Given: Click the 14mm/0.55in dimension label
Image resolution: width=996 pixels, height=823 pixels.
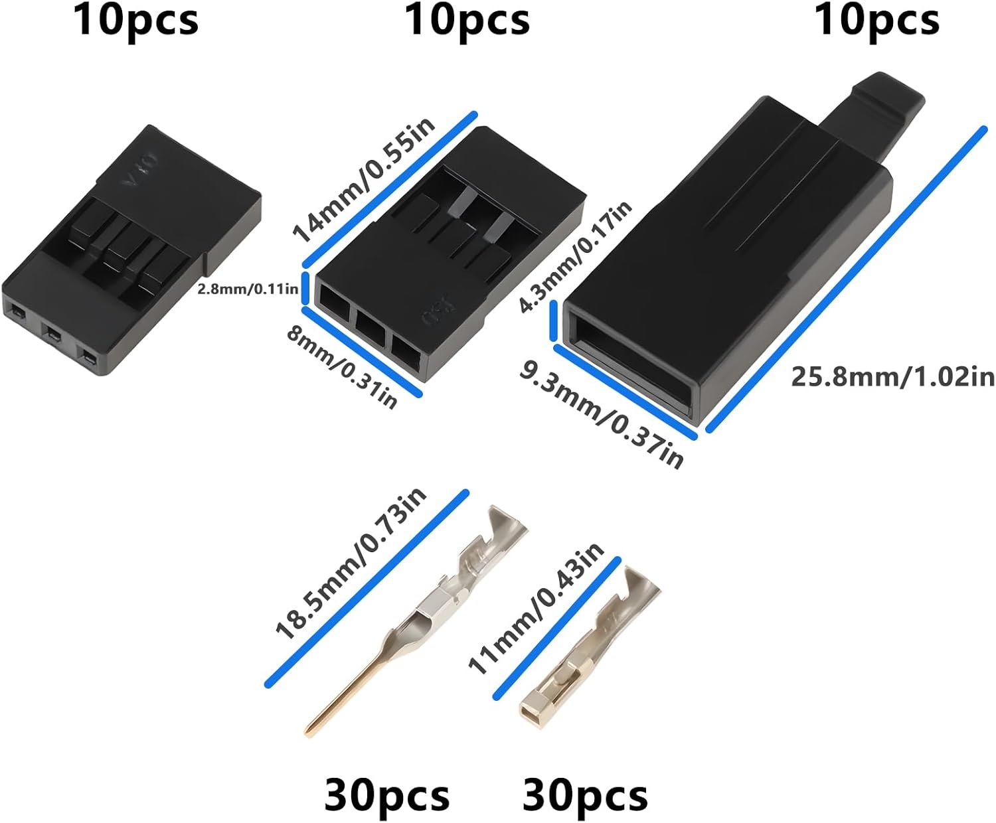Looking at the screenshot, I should pyautogui.click(x=364, y=181).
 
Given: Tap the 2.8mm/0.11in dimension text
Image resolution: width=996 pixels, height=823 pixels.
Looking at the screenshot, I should pyautogui.click(x=247, y=289).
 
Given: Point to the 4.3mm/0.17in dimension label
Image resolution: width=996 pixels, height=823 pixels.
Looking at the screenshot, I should pyautogui.click(x=575, y=256).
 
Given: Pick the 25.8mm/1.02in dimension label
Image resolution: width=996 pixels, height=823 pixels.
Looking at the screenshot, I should pyautogui.click(x=892, y=377).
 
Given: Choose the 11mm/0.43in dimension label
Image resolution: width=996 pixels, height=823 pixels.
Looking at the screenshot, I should pyautogui.click(x=536, y=607).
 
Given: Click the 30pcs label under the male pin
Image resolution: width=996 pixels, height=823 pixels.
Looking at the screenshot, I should pyautogui.click(x=386, y=795).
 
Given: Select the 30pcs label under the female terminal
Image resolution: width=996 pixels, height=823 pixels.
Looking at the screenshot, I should pyautogui.click(x=585, y=795).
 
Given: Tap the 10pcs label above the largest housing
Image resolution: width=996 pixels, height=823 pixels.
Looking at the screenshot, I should pyautogui.click(x=876, y=20).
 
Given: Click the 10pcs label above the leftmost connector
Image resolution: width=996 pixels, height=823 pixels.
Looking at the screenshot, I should pyautogui.click(x=135, y=20).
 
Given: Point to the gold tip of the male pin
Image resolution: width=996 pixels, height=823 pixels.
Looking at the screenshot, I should pyautogui.click(x=315, y=726).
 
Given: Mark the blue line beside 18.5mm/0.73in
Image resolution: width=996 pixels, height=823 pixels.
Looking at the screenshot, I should pyautogui.click(x=367, y=588).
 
